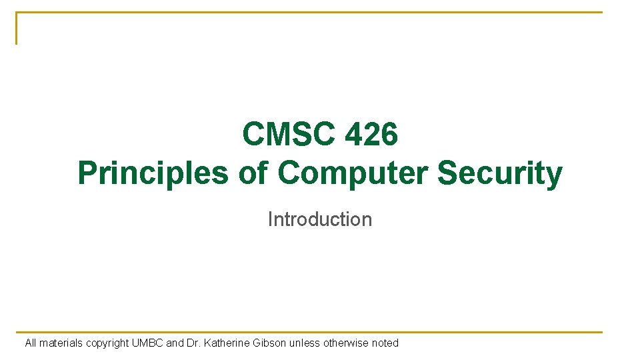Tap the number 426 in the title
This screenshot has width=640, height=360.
click(x=371, y=135)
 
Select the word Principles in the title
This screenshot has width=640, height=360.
click(x=153, y=173)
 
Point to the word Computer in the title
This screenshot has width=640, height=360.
click(x=353, y=173)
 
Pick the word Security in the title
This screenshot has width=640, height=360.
click(x=499, y=173)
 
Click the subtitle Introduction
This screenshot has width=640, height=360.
click(x=320, y=219)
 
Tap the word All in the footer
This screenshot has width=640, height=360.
click(x=31, y=343)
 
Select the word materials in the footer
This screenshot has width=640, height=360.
click(x=61, y=343)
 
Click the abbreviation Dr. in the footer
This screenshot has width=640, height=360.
click(x=194, y=343)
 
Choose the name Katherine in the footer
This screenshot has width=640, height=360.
click(x=227, y=343)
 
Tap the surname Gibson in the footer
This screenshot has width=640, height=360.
click(x=271, y=343)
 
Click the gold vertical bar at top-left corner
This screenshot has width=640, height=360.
click(x=17, y=28)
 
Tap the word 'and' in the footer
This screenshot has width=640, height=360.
click(x=175, y=343)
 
